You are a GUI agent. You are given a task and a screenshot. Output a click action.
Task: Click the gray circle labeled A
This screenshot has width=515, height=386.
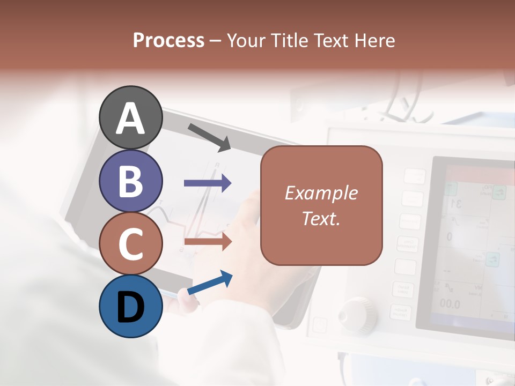click(x=131, y=117)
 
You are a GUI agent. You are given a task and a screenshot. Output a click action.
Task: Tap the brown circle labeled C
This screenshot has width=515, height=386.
click(x=131, y=243)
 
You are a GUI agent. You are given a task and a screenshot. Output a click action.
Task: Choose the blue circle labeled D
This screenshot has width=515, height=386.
click(x=131, y=306)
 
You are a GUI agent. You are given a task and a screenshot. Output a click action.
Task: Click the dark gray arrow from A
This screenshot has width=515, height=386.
click(x=209, y=137)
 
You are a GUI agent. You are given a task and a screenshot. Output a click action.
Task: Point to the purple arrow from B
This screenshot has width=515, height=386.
click(x=208, y=183)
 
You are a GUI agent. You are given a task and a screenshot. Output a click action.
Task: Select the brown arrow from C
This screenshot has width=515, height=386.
click(x=208, y=242)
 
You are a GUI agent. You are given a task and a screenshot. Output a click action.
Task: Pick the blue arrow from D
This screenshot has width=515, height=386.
click(x=210, y=283)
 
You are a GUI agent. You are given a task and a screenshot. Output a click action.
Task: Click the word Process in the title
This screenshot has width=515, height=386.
click(x=168, y=40)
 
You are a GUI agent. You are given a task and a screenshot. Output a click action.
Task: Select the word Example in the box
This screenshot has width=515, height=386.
click(x=321, y=193)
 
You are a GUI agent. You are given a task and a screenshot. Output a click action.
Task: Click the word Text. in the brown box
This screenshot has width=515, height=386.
click(x=321, y=218)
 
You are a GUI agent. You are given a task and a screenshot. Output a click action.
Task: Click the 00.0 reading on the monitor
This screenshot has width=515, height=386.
click(x=450, y=305)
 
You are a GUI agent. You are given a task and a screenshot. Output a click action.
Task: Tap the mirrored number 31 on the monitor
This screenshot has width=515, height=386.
click(x=456, y=203)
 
